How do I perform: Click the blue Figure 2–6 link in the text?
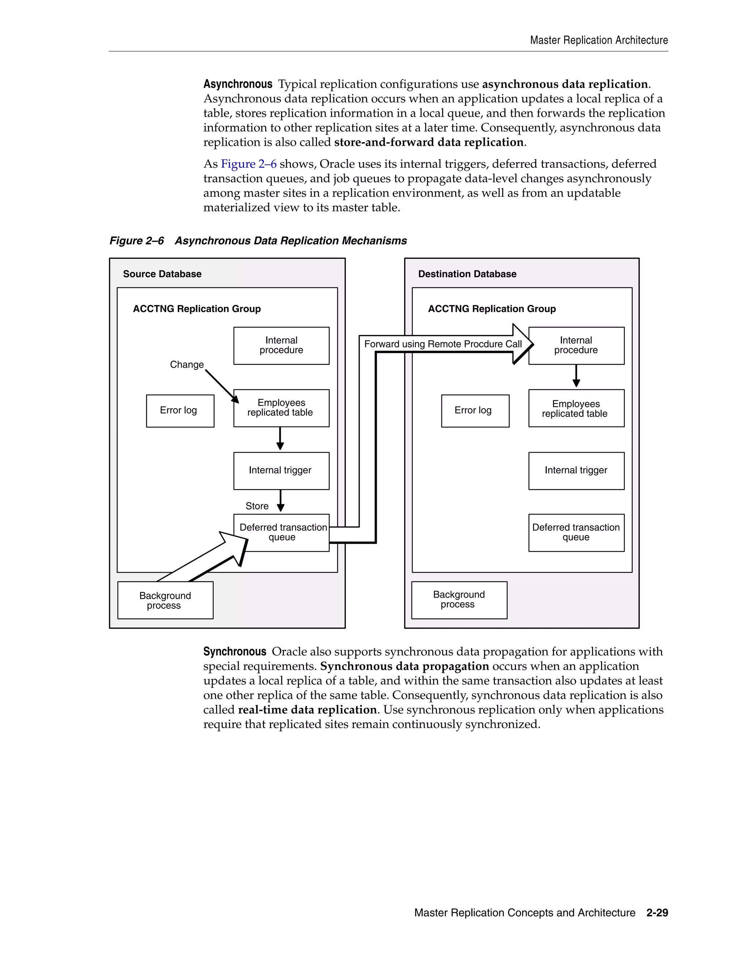[249, 164]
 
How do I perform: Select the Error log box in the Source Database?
[180, 411]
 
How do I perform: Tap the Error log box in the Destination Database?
[475, 411]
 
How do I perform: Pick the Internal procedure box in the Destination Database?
[576, 346]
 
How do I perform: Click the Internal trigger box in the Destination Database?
[576, 471]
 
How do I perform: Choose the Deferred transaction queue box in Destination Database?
[576, 533]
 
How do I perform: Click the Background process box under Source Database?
[165, 600]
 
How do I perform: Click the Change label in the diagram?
[187, 365]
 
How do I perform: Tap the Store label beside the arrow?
[257, 506]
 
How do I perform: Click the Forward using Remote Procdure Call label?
[443, 344]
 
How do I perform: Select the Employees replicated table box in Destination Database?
[576, 409]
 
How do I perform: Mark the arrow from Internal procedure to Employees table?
[576, 376]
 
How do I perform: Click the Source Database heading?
[162, 274]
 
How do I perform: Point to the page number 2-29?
[657, 913]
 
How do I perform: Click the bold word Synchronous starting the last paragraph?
[234, 652]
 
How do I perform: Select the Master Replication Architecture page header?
[599, 40]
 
